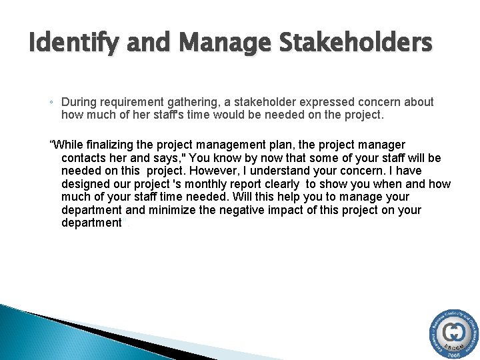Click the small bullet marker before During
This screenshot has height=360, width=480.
51,103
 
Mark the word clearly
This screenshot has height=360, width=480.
280,184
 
